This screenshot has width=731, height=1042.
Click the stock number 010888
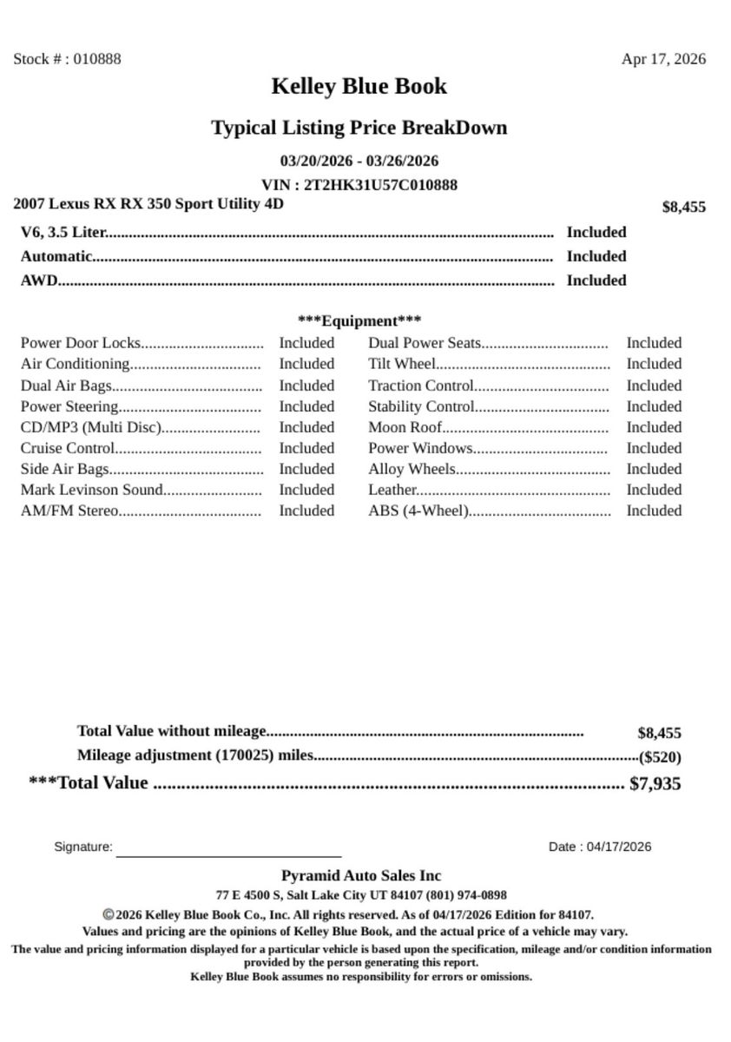97,59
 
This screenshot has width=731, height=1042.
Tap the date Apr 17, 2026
663,59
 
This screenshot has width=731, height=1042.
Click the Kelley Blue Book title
359,86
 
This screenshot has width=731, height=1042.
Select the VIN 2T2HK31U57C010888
380,185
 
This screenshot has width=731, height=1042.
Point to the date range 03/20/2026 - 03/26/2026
359,161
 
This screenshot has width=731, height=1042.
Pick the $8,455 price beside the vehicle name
683,207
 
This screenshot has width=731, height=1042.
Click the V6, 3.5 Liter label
63,232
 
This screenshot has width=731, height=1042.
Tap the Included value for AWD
596,280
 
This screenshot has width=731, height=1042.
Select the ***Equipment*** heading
359,320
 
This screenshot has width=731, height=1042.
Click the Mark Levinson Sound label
92,490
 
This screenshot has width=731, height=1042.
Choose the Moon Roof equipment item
405,427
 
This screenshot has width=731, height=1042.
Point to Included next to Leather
654,490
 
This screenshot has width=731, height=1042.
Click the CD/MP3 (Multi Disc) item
91,427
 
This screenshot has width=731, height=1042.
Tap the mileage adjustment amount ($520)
660,757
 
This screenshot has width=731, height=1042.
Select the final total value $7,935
655,783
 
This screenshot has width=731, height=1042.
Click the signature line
228,854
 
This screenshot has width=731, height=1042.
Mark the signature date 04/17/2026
618,847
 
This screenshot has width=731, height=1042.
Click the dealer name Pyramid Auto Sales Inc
360,875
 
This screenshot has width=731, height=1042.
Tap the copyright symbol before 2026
109,914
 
